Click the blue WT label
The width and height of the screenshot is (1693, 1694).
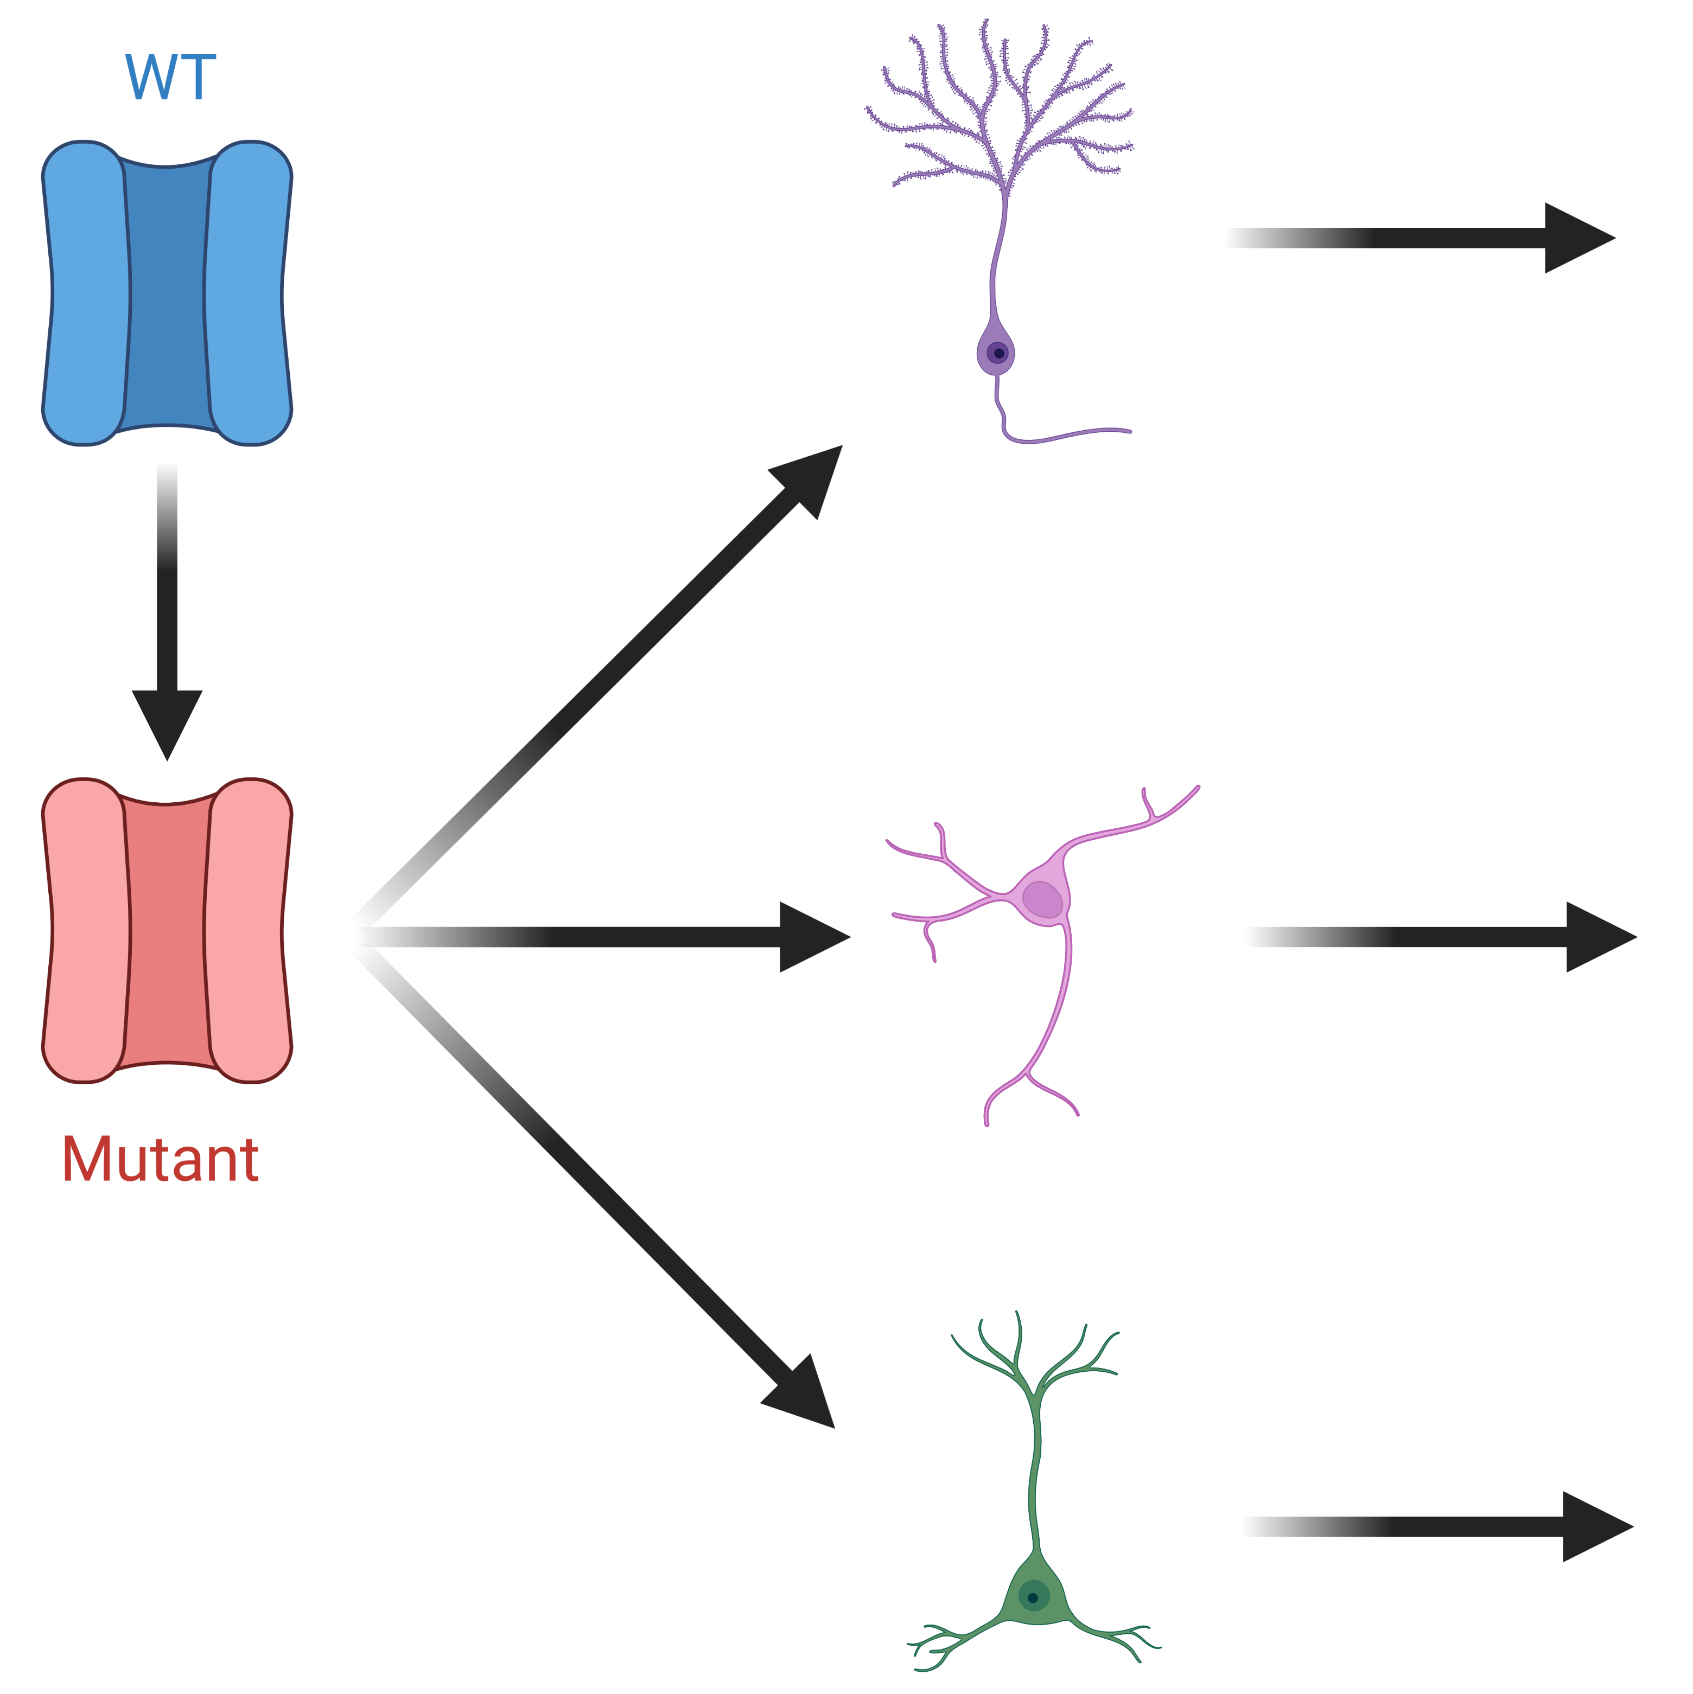pos(170,78)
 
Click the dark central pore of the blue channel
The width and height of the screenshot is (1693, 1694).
pos(167,294)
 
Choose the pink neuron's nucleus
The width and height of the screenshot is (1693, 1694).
pos(1042,899)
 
